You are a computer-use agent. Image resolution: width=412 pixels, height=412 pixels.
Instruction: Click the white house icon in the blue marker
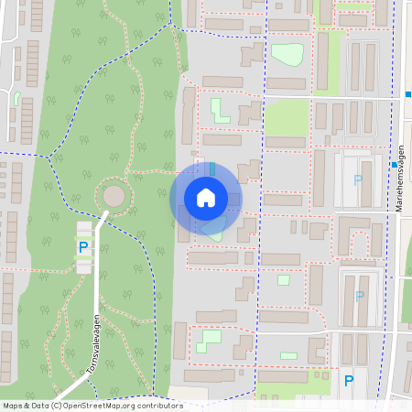point(206,197)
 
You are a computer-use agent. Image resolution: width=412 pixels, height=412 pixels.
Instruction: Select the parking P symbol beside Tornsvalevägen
point(83,247)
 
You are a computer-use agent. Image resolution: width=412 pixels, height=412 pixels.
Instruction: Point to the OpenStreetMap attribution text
point(92,406)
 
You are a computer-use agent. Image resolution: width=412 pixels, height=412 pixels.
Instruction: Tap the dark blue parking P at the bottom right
point(348,381)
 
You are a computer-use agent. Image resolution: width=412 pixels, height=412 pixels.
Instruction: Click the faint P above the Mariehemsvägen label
point(358,180)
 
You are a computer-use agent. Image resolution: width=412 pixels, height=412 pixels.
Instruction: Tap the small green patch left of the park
point(16,97)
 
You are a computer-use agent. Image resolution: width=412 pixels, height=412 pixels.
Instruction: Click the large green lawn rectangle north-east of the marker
point(287,119)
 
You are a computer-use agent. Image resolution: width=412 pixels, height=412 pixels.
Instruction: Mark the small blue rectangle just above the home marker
point(212,169)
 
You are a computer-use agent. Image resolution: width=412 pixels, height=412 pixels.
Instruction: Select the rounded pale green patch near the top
point(288,54)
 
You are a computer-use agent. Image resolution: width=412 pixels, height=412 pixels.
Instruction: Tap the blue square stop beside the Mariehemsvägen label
point(395,166)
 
